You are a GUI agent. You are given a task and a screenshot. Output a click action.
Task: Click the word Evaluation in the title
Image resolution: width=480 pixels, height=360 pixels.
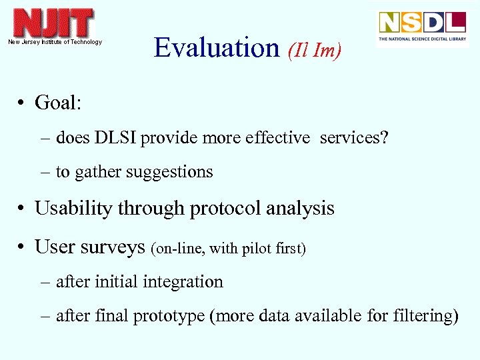pyautogui.click(x=217, y=48)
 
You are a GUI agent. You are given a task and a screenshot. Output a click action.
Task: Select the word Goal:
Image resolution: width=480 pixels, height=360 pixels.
pyautogui.click(x=58, y=103)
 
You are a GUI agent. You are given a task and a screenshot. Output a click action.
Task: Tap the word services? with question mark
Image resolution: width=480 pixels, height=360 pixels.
pyautogui.click(x=354, y=138)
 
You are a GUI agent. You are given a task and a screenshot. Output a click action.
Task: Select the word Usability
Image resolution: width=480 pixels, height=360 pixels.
pyautogui.click(x=73, y=209)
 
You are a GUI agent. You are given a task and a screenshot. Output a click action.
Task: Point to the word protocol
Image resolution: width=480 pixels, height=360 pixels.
pyautogui.click(x=225, y=209)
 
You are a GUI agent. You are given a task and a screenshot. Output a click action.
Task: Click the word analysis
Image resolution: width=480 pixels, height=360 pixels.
pyautogui.click(x=300, y=209)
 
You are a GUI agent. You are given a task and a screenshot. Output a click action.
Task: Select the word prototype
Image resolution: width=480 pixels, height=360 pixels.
pyautogui.click(x=169, y=317)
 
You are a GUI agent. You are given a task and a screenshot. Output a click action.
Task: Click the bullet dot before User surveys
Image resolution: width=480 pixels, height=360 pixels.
pyautogui.click(x=22, y=247)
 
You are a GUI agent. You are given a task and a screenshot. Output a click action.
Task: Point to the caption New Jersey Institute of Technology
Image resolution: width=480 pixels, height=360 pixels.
pyautogui.click(x=55, y=42)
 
